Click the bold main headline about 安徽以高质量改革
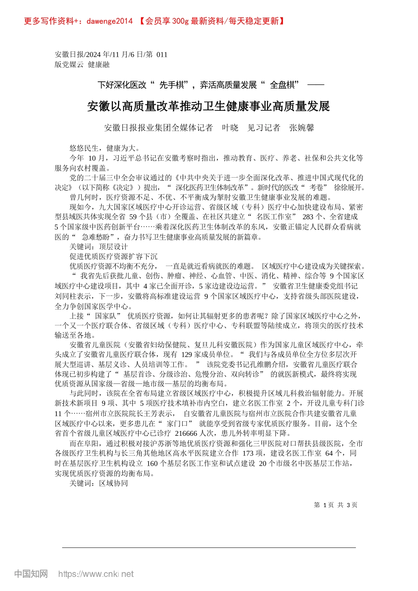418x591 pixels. coord(209,106)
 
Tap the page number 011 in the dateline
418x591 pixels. coord(162,55)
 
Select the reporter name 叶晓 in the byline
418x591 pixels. coord(230,128)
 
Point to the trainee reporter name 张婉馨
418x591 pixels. coord(301,128)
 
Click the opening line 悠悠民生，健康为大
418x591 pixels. coord(105,148)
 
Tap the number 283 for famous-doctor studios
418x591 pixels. coord(308,217)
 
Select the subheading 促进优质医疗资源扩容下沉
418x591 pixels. coord(113,256)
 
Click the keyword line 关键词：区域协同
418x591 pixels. coord(99,483)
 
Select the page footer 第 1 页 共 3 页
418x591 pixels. coord(335,505)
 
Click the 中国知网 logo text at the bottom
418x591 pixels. coord(31,574)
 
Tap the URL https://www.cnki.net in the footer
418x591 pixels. coord(96,574)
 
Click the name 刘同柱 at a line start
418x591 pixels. coord(66,296)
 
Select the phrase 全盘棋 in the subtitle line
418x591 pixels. coord(284,85)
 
